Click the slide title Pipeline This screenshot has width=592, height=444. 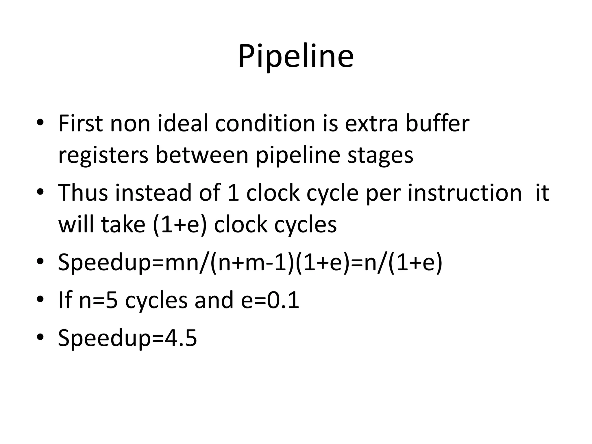pyautogui.click(x=296, y=56)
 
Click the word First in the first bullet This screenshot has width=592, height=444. pyautogui.click(x=80, y=124)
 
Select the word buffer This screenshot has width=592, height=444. pyautogui.click(x=437, y=124)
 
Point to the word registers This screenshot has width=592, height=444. pyautogui.click(x=103, y=156)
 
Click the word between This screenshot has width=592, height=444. pyautogui.click(x=202, y=155)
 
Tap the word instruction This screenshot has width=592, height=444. pyautogui.click(x=465, y=193)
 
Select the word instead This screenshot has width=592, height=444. pyautogui.click(x=153, y=193)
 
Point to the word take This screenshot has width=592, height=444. pyautogui.click(x=123, y=224)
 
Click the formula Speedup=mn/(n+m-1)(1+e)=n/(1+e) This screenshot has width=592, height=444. pyautogui.click(x=250, y=262)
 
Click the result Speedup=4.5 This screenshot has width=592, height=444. pyautogui.click(x=127, y=338)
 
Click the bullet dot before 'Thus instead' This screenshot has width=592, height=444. pyautogui.click(x=40, y=191)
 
